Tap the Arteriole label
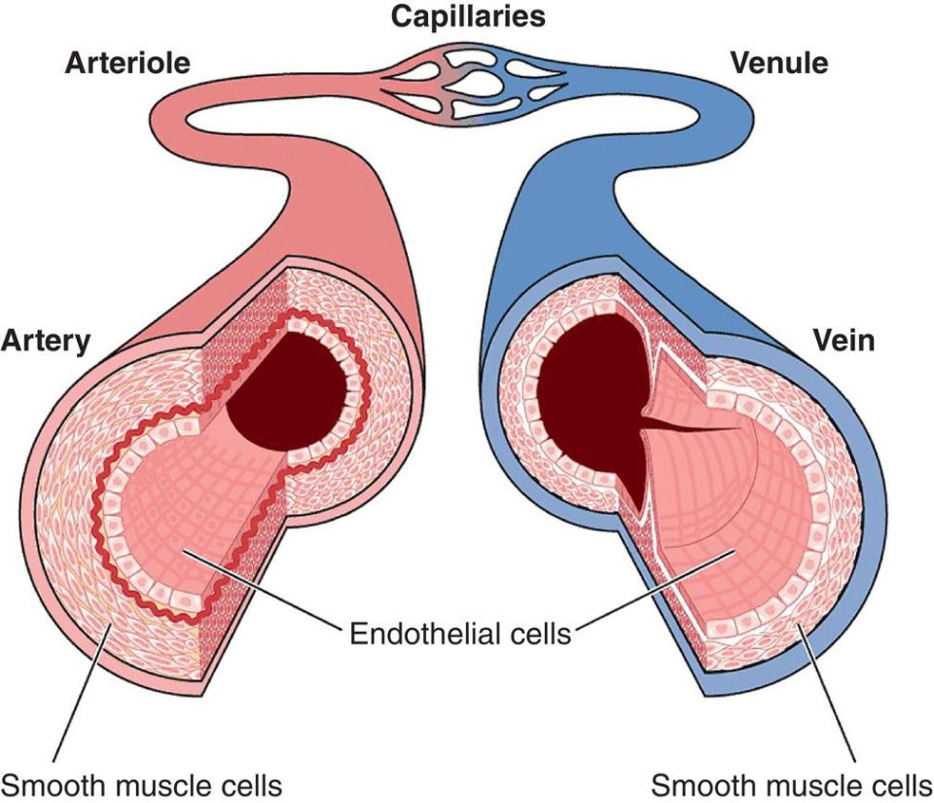[126, 64]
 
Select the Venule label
[778, 64]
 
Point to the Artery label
[46, 341]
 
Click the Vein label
[844, 341]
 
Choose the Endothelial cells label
[460, 635]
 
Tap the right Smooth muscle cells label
[791, 784]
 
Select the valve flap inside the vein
[696, 428]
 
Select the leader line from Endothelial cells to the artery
[263, 594]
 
